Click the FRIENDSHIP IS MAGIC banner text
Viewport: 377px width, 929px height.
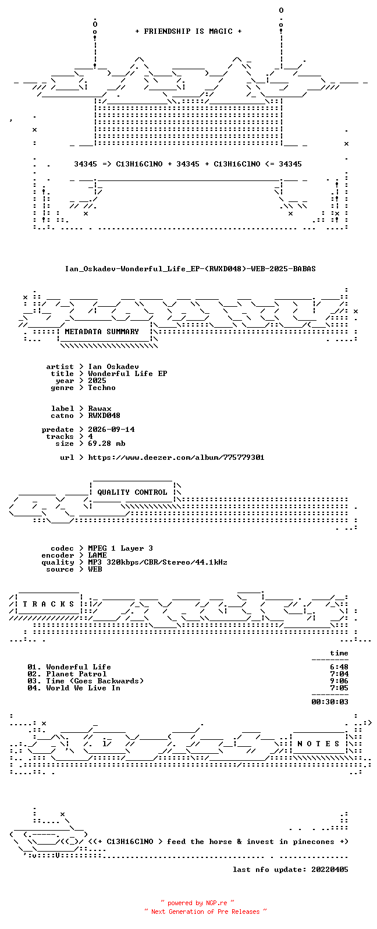point(188,31)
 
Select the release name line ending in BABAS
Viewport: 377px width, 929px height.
point(190,269)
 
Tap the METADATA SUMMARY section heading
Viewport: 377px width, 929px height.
point(102,331)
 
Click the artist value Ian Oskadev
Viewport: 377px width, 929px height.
point(113,367)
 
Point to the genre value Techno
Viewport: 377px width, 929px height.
point(102,388)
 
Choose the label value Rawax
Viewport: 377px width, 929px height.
point(99,409)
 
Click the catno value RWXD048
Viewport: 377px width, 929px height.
point(104,416)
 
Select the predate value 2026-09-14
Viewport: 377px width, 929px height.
point(111,429)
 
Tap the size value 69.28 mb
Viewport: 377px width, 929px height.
point(106,444)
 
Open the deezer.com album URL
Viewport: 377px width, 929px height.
point(176,458)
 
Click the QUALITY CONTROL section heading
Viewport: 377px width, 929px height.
point(132,492)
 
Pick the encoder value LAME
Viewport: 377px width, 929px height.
point(97,555)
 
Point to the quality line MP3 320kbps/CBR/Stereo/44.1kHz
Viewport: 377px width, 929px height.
point(158,562)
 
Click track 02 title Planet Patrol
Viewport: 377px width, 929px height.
point(76,674)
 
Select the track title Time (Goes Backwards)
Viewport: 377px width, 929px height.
point(95,681)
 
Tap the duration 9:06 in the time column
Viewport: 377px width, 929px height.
point(339,681)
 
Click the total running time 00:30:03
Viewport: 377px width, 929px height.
point(330,702)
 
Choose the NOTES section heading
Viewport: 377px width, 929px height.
point(318,744)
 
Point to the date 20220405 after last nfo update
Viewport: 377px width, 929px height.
point(330,869)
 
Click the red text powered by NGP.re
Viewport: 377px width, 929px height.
point(197,903)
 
